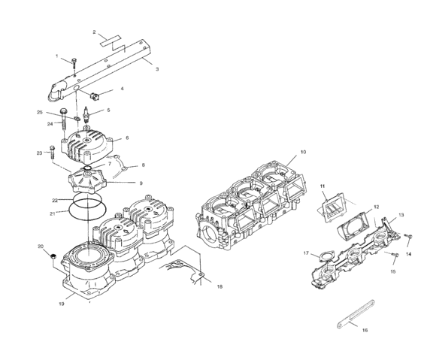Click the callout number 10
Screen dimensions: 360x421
click(x=303, y=153)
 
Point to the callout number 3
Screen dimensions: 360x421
click(x=156, y=69)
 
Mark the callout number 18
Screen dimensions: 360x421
click(x=220, y=286)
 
